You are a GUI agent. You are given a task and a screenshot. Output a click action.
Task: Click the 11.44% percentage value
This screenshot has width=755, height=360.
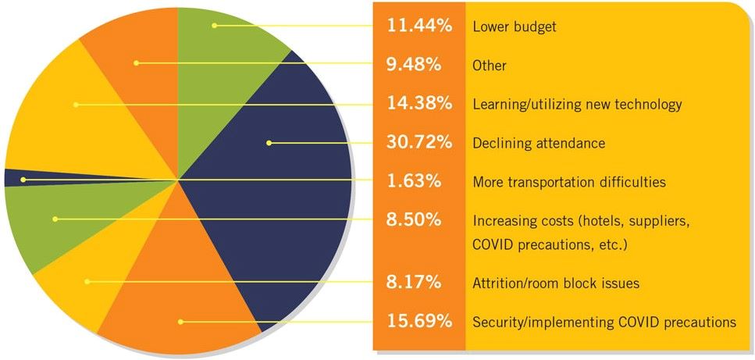tap(420, 26)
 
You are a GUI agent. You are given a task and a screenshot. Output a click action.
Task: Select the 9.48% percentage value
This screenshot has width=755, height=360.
tap(415, 65)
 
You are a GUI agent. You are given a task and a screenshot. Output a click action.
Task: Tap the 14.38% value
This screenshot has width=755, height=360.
tap(420, 104)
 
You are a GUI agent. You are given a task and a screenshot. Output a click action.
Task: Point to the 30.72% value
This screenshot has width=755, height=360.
tap(420, 143)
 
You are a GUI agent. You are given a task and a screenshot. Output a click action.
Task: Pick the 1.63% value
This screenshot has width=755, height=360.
tap(415, 181)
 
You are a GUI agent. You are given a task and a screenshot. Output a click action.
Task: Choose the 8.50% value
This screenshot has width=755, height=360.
tap(415, 220)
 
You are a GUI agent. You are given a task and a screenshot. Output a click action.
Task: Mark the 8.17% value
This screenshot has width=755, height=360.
tap(415, 282)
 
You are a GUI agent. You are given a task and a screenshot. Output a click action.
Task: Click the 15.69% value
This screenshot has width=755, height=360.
tap(420, 321)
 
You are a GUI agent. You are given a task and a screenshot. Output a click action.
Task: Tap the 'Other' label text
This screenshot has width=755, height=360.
tap(490, 66)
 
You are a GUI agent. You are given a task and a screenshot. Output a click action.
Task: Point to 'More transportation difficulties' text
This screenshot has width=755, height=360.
tap(569, 182)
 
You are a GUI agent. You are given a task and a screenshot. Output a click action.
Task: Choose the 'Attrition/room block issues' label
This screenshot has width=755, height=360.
tap(556, 283)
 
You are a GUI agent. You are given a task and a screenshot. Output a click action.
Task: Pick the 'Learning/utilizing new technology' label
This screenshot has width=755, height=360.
tap(577, 105)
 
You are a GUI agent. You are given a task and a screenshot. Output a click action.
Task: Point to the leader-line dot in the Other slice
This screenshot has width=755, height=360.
tap(135, 63)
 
